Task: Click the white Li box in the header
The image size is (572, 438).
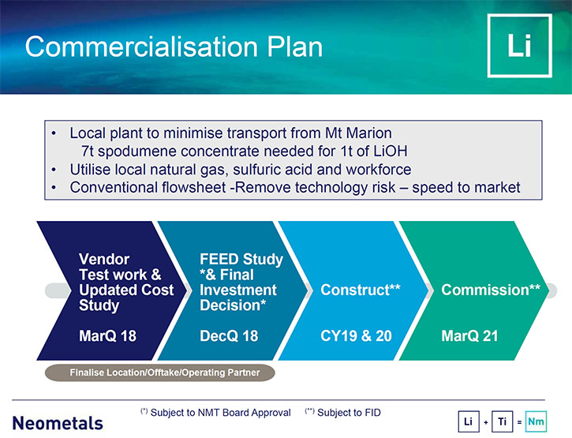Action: pyautogui.click(x=519, y=46)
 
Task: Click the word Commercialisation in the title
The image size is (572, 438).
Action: pyautogui.click(x=142, y=47)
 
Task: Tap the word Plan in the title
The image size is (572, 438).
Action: pyautogui.click(x=295, y=47)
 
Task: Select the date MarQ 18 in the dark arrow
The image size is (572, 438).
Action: pyautogui.click(x=107, y=336)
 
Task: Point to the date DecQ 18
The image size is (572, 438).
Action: pyautogui.click(x=229, y=336)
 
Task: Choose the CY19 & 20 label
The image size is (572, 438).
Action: pyautogui.click(x=356, y=336)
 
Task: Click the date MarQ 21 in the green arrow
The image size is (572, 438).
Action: pyautogui.click(x=469, y=336)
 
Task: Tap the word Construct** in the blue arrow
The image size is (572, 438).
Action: pyautogui.click(x=361, y=290)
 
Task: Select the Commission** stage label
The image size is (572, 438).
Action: pyautogui.click(x=491, y=290)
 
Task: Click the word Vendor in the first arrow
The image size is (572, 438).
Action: pyautogui.click(x=104, y=259)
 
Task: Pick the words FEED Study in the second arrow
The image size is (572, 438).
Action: pyautogui.click(x=241, y=259)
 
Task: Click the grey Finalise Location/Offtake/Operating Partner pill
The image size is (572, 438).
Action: pyautogui.click(x=160, y=372)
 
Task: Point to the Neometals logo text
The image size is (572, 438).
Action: pyautogui.click(x=58, y=423)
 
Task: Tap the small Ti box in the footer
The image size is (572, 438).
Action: pyautogui.click(x=503, y=421)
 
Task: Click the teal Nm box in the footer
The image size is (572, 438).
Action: pyautogui.click(x=536, y=421)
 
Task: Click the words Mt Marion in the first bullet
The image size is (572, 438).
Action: pyautogui.click(x=358, y=133)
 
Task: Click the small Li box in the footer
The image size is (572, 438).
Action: pyautogui.click(x=469, y=421)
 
